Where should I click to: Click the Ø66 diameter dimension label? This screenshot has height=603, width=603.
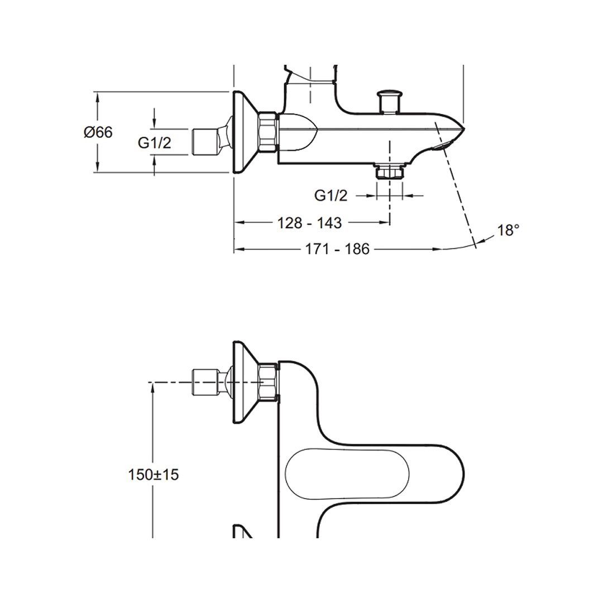(98, 132)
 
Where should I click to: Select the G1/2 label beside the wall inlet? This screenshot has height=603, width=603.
(154, 143)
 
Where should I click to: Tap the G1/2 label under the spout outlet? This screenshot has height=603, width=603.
(331, 196)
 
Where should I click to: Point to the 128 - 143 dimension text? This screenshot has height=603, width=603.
(309, 223)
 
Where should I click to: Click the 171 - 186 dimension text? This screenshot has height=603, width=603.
(337, 249)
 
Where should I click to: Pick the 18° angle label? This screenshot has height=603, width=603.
(509, 231)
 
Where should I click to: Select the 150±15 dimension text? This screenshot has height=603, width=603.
(154, 475)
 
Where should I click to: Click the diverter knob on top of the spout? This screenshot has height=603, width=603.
(390, 102)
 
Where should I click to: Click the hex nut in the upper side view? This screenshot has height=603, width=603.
(268, 132)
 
